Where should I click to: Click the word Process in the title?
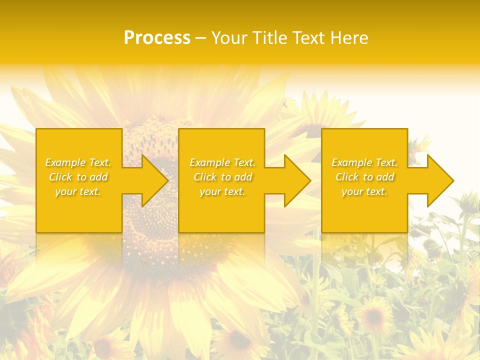point(157,38)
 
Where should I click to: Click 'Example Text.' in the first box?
point(78,162)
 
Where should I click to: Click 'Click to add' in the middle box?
point(222,177)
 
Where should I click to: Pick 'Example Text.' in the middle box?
point(222,162)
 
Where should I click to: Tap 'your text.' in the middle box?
point(222,191)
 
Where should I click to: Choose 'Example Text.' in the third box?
point(364,162)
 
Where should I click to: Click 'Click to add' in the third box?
point(364,177)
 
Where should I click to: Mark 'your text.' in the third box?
point(364,191)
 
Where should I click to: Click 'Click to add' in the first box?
point(78,177)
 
